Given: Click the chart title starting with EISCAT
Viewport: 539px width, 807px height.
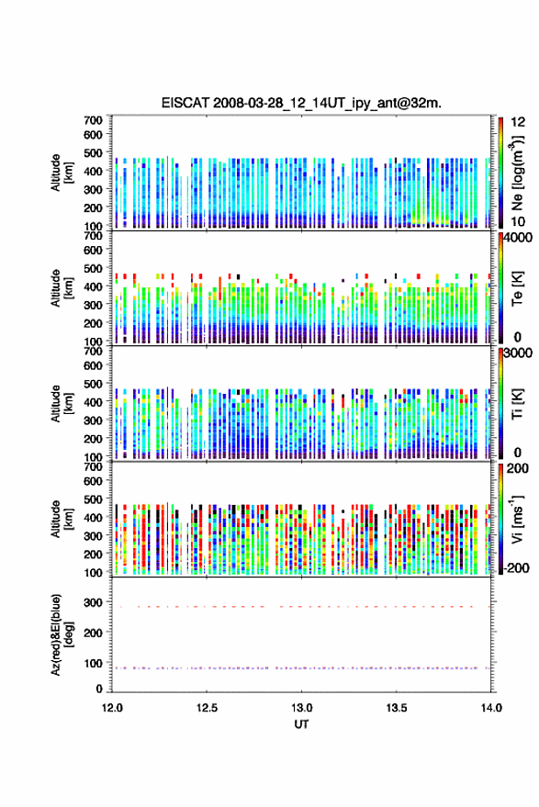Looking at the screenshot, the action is pyautogui.click(x=301, y=103).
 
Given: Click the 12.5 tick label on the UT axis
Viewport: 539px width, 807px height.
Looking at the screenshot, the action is pyautogui.click(x=207, y=708).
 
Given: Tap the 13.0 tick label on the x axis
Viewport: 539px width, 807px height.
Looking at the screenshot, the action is pyautogui.click(x=302, y=708).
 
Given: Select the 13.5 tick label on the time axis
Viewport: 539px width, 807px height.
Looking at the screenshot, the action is pyautogui.click(x=397, y=708).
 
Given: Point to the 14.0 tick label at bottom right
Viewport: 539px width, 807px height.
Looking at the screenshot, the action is pyautogui.click(x=491, y=708).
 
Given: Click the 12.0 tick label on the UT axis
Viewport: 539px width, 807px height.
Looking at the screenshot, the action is pyautogui.click(x=112, y=708).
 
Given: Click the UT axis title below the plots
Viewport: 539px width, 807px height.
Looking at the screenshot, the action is pyautogui.click(x=301, y=724).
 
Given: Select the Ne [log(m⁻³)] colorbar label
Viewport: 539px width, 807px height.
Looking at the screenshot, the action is pyautogui.click(x=517, y=173).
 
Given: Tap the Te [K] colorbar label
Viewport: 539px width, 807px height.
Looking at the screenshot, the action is pyautogui.click(x=517, y=288).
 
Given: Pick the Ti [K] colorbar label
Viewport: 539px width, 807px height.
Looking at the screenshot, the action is pyautogui.click(x=517, y=404).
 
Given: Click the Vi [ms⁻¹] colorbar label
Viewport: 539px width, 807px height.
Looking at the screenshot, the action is pyautogui.click(x=517, y=520).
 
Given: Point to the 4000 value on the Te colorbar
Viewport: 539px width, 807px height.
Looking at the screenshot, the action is pyautogui.click(x=519, y=239).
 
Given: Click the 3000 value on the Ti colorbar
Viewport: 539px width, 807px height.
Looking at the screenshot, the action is pyautogui.click(x=519, y=353).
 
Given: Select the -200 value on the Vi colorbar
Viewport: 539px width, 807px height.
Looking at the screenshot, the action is pyautogui.click(x=516, y=568).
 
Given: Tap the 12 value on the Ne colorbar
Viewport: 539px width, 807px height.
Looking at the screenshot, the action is pyautogui.click(x=518, y=122).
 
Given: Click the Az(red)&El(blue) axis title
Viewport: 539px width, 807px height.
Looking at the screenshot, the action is pyautogui.click(x=61, y=635).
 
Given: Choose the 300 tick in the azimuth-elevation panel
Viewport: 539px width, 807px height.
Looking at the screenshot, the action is pyautogui.click(x=93, y=602).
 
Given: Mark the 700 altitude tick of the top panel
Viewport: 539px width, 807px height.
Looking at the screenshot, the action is pyautogui.click(x=93, y=120).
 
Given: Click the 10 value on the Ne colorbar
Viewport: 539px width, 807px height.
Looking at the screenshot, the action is pyautogui.click(x=518, y=222).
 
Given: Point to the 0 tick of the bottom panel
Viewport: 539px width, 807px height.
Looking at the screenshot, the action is pyautogui.click(x=99, y=689).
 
